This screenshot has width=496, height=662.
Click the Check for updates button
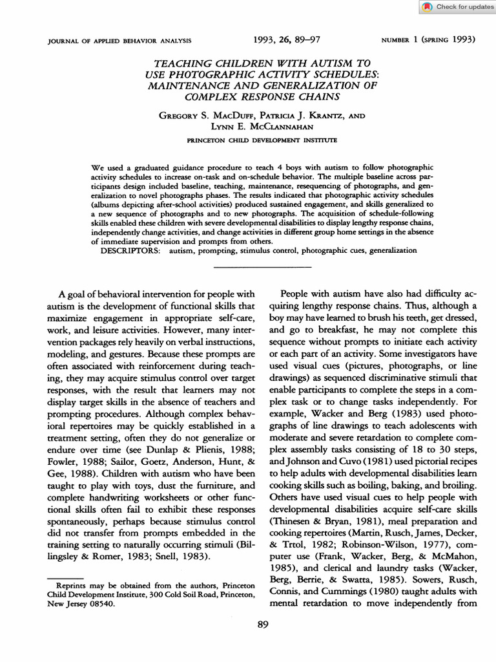coord(457,7)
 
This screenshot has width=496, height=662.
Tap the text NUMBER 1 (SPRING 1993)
coord(428,40)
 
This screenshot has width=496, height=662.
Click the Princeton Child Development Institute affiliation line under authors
coord(261,140)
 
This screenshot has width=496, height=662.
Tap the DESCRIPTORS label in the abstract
coord(129,250)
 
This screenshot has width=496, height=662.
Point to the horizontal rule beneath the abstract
coord(262,266)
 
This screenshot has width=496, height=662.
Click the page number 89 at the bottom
coord(262,625)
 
